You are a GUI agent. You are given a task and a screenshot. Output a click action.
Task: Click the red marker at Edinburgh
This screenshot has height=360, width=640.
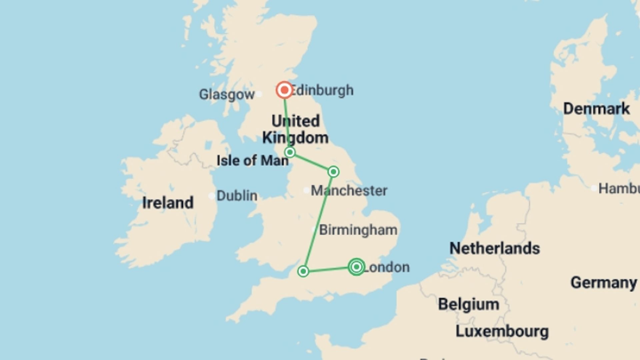(x=284, y=90)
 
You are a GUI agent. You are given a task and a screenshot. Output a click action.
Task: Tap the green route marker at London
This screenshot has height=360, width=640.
(x=356, y=267)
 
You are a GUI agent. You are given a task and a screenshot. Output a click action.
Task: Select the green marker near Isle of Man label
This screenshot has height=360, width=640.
(x=290, y=152)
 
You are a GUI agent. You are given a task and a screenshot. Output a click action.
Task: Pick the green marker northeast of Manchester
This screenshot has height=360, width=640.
(x=333, y=172)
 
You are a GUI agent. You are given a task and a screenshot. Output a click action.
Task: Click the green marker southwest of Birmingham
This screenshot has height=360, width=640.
(x=303, y=271)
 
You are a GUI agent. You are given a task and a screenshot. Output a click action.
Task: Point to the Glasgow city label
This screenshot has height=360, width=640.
(x=227, y=94)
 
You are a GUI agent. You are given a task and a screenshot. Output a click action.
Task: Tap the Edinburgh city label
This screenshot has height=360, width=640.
(x=322, y=90)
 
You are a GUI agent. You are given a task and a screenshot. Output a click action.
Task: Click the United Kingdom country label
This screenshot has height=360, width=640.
(x=295, y=129)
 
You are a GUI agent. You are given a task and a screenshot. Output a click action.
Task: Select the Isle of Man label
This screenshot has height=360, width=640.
(x=252, y=161)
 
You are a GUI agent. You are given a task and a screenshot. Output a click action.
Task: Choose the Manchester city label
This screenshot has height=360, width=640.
(x=349, y=191)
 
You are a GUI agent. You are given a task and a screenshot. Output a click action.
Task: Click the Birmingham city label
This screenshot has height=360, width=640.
(x=358, y=230)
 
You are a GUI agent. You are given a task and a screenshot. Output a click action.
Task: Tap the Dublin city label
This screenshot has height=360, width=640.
(x=237, y=196)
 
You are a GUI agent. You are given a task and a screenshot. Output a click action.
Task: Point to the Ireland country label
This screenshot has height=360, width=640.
(x=168, y=203)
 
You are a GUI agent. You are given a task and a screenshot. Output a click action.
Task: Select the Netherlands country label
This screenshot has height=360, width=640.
(x=494, y=248)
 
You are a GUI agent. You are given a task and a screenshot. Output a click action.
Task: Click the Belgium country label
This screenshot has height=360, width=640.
(x=468, y=304)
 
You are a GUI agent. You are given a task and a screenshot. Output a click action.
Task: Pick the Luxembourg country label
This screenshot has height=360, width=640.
(x=502, y=331)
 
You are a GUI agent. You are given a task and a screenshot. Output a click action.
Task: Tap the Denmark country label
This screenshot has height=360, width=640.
(x=596, y=109)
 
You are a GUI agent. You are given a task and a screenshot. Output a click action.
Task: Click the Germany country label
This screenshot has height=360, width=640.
(x=603, y=283)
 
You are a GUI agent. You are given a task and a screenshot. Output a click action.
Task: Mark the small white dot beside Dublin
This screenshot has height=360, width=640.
(x=211, y=196)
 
